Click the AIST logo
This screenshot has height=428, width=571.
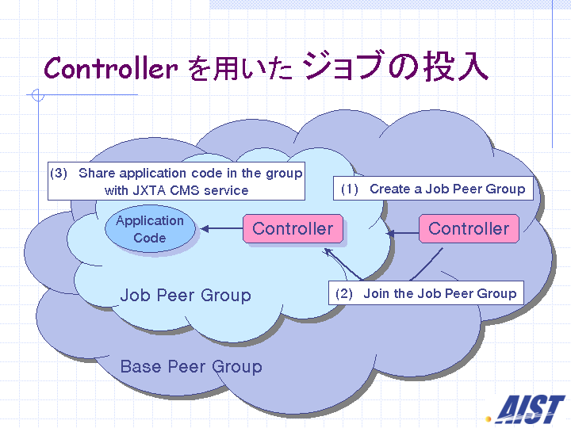[530, 408]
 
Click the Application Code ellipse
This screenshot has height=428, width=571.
[149, 229]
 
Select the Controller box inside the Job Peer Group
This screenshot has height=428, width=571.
[293, 229]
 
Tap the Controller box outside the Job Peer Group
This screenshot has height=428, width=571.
[469, 229]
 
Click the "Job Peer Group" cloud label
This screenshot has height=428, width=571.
[186, 296]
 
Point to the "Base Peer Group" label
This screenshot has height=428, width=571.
[190, 367]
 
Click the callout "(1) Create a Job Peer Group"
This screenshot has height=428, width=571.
[433, 189]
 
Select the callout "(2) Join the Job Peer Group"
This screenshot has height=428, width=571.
[426, 293]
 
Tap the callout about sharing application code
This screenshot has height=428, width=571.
[176, 182]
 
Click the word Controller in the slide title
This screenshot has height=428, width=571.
[110, 68]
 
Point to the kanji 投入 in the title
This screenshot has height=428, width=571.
[455, 67]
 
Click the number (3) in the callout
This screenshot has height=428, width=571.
[59, 173]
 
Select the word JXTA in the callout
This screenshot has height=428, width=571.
[149, 190]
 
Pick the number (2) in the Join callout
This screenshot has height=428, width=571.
[344, 293]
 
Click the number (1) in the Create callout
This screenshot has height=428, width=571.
[350, 189]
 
